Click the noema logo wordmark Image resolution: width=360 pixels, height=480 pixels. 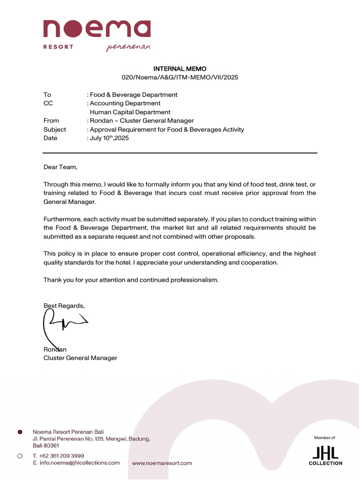coord(97,29)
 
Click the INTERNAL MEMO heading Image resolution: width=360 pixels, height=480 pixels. coord(180,69)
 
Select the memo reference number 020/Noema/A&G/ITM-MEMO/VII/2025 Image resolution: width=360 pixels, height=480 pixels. coord(180,77)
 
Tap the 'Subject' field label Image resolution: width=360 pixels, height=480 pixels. coord(55,129)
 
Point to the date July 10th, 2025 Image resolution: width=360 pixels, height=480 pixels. coord(109,138)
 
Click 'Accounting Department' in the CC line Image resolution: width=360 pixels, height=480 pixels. coord(125,103)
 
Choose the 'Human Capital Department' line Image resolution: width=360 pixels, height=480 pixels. coord(130,112)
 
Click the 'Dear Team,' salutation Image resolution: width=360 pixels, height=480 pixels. coord(60,167)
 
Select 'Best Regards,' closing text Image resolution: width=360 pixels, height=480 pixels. coord(64,306)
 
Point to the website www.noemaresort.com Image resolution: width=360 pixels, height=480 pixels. coord(162,463)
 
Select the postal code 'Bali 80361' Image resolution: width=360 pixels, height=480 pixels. coord(46,445)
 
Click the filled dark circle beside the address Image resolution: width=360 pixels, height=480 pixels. coord(20,431)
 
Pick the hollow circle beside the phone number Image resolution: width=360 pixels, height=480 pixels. coord(20,456)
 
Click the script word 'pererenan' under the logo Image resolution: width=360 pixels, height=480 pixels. coord(128,47)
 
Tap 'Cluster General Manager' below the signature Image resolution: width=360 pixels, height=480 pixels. coord(80,358)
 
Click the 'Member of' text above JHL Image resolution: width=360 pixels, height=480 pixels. coord(325,438)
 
